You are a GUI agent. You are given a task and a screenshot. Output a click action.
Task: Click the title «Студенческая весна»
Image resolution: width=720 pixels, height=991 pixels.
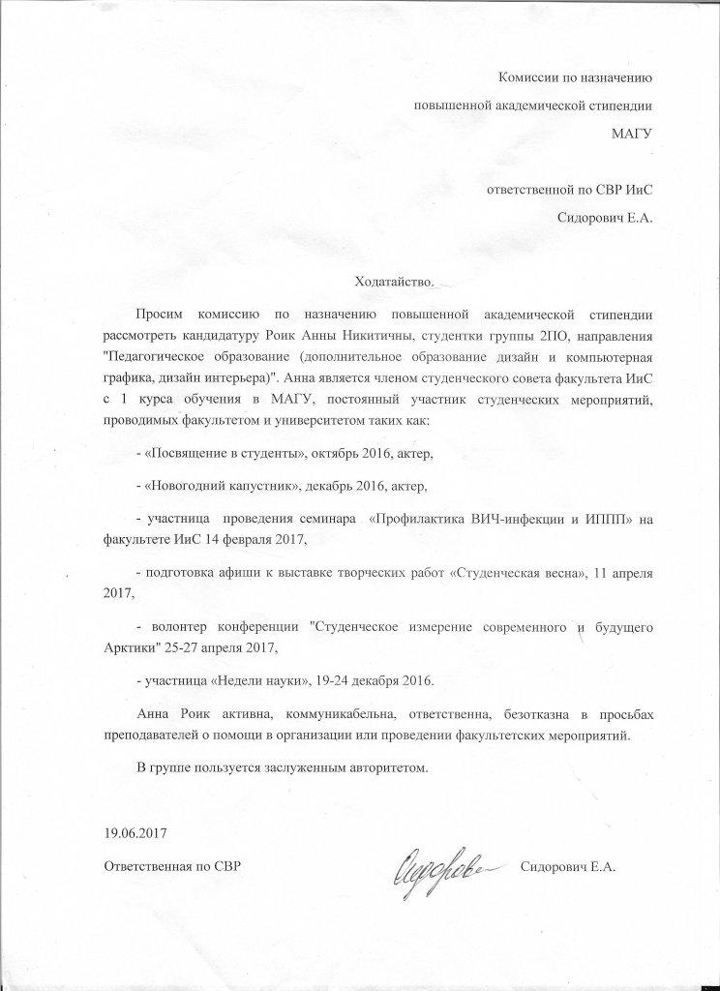click(x=514, y=573)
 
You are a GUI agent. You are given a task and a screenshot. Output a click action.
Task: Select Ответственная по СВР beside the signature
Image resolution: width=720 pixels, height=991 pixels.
click(x=171, y=864)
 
